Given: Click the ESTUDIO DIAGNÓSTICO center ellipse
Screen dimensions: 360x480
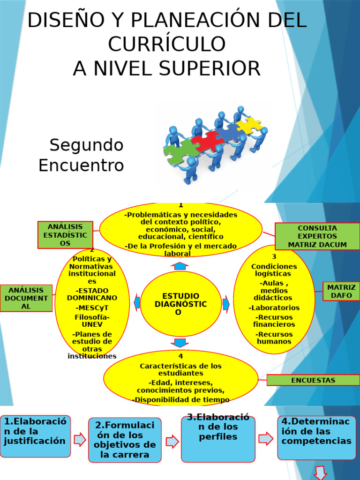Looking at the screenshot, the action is click(x=180, y=304).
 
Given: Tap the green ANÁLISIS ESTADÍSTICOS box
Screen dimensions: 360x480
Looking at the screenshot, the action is click(x=65, y=235).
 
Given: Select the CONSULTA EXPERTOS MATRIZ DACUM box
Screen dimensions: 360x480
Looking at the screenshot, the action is click(x=317, y=236).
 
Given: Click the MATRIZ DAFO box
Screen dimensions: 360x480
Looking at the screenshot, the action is click(x=341, y=291).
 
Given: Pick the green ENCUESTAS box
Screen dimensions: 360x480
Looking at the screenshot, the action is click(x=313, y=380).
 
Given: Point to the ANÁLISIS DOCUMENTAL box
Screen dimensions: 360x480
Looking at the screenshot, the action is click(x=26, y=298).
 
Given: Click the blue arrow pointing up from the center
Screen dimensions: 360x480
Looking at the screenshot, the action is click(x=180, y=266).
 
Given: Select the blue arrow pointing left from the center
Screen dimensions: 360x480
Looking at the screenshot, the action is click(x=137, y=303).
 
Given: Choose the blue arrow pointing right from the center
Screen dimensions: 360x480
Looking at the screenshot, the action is click(x=226, y=304).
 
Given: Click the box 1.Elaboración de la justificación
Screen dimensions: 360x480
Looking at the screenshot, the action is click(x=35, y=436).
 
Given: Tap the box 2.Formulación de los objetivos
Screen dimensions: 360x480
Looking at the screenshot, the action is click(x=125, y=440).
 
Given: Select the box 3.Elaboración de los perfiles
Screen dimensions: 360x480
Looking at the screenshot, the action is click(x=218, y=439).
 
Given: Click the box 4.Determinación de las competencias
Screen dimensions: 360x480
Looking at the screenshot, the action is click(x=316, y=437).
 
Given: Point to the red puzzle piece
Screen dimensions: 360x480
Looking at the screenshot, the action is click(x=207, y=141).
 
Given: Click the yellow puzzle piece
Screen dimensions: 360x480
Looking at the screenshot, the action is click(x=249, y=124).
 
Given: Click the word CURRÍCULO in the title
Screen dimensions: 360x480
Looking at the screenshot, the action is click(x=167, y=44).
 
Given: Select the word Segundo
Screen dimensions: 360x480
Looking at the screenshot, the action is click(x=87, y=145).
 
